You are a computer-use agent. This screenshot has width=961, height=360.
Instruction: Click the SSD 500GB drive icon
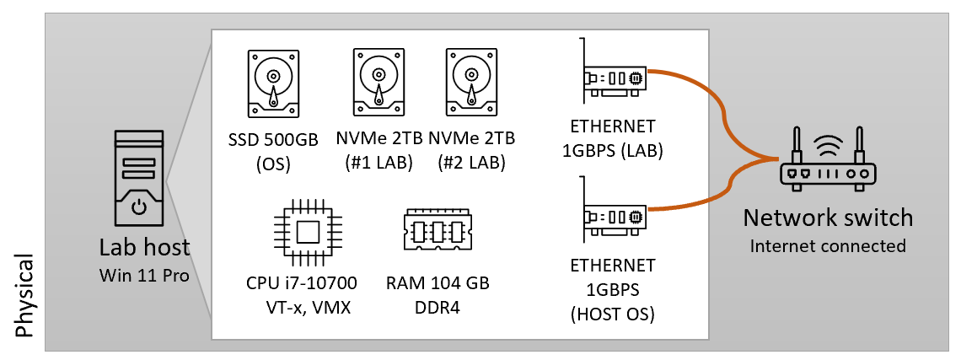272,83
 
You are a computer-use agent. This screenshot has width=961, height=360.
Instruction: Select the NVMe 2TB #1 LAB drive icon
378,83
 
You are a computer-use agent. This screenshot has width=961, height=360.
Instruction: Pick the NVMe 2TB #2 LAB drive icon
471,83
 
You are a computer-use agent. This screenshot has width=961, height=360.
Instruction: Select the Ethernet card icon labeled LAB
612,76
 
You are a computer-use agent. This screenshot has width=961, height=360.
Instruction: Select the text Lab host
144,249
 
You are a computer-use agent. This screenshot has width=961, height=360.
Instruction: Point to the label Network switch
827,218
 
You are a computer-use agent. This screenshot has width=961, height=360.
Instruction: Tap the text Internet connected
827,246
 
